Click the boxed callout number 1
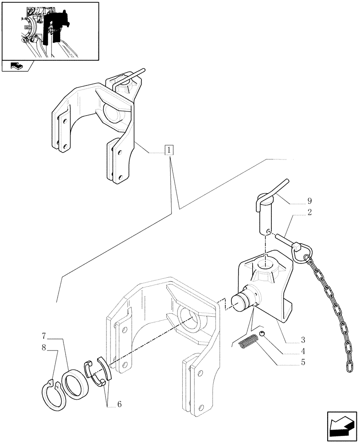tap(169, 150)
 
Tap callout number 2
tap(309, 212)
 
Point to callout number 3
tap(302, 340)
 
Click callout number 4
tap(302, 351)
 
